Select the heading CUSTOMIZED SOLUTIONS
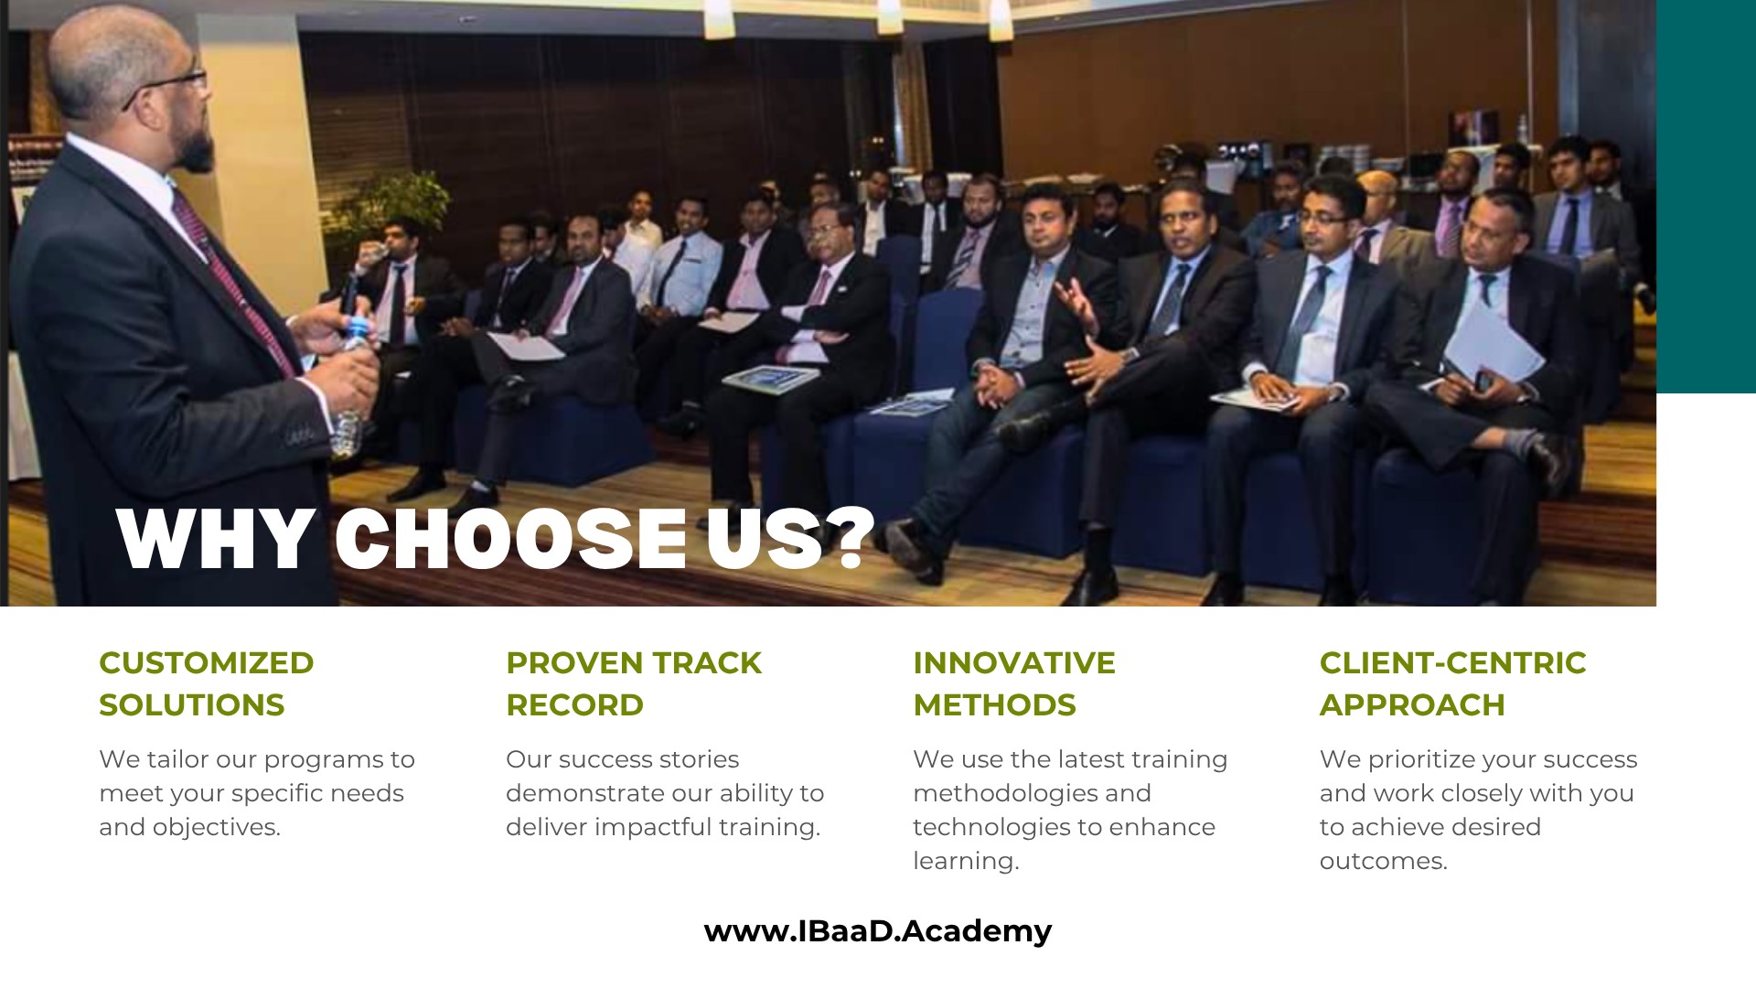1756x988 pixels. (x=207, y=683)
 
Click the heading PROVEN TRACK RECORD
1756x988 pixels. (x=634, y=683)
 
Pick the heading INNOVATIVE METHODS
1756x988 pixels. (x=1014, y=683)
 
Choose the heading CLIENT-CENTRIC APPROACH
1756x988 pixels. (x=1453, y=683)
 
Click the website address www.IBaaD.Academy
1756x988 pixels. (x=878, y=931)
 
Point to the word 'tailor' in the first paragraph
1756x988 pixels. (x=179, y=759)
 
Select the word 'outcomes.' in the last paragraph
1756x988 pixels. (x=1383, y=861)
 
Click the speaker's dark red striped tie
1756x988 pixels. (x=233, y=284)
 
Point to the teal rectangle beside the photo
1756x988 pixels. (x=1706, y=197)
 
